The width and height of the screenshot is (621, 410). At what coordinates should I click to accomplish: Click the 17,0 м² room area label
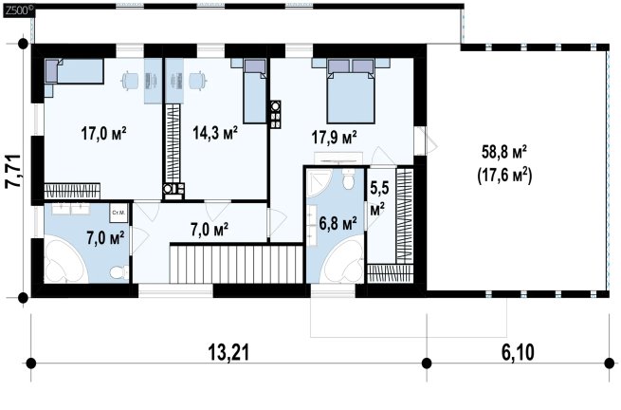[x=103, y=133]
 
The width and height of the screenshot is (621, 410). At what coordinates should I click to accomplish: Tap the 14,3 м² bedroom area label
[x=215, y=133]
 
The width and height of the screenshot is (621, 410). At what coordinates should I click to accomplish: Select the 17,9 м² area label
[x=335, y=138]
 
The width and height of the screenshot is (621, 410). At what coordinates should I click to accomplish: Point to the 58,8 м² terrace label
[x=504, y=152]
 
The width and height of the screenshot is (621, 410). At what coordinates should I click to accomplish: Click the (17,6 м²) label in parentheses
[x=504, y=175]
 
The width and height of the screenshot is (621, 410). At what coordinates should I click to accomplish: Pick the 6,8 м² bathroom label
[x=338, y=224]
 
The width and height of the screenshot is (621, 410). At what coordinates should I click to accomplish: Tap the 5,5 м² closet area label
[x=378, y=197]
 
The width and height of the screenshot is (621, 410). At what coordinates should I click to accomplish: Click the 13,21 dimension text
[x=228, y=352]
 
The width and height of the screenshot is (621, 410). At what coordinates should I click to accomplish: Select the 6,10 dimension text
[x=518, y=352]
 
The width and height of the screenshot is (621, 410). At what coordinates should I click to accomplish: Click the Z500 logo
[x=18, y=10]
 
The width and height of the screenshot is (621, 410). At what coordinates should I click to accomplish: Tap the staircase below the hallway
[x=236, y=264]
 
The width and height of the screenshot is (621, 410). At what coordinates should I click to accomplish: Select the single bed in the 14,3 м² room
[x=254, y=91]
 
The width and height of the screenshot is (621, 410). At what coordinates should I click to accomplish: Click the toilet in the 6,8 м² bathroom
[x=349, y=179]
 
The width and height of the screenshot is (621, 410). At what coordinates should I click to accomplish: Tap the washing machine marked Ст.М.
[x=118, y=214]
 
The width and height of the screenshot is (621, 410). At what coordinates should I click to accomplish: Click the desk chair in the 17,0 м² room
[x=130, y=81]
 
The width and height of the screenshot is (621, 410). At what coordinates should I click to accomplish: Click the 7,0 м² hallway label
[x=210, y=230]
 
